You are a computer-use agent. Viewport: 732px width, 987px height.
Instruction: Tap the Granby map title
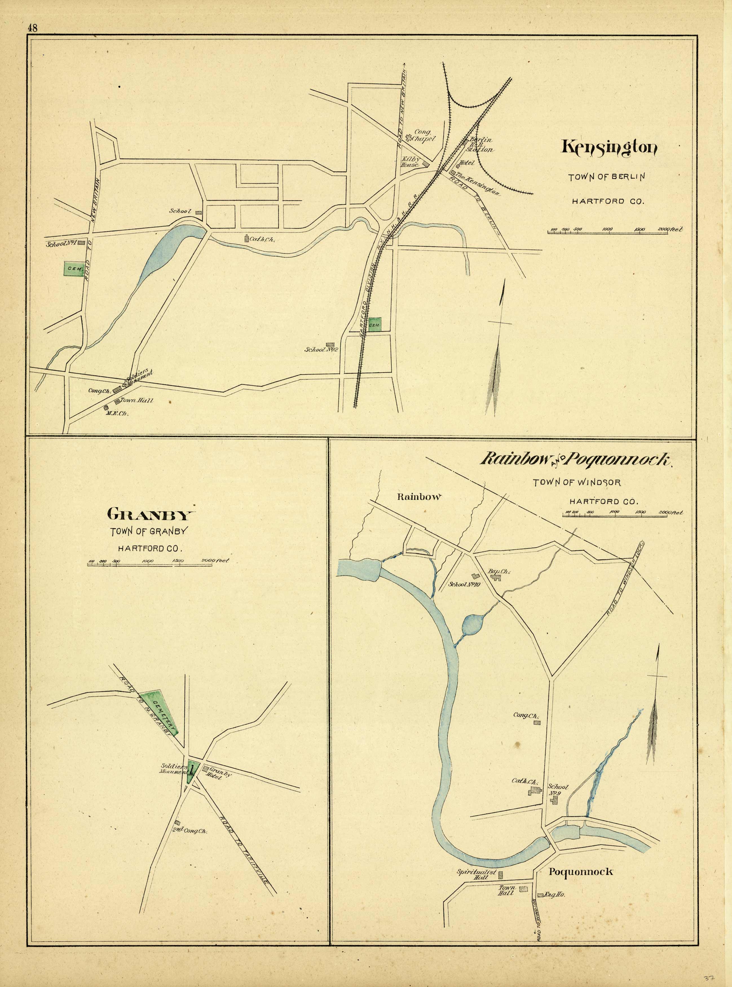pos(151,515)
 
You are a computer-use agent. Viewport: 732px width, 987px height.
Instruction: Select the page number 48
pos(32,27)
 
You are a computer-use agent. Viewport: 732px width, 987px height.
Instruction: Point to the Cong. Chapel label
pos(424,135)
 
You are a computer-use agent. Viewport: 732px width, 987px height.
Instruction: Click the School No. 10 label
pos(464,584)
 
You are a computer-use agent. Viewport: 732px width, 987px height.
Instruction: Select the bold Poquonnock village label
pos(581,872)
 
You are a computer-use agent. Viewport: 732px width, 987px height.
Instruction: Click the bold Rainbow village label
pos(419,497)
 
